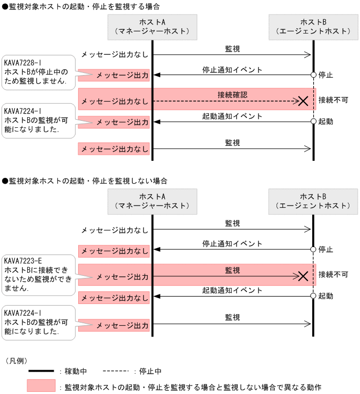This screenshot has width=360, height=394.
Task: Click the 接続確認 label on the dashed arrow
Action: pyautogui.click(x=232, y=94)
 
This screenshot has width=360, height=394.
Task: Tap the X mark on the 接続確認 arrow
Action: pyautogui.click(x=303, y=101)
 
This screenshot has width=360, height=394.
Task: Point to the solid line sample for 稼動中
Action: pyautogui.click(x=41, y=371)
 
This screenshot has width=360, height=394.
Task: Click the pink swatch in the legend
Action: pyautogui.click(x=41, y=385)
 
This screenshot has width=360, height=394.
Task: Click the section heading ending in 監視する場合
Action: pyautogui.click(x=80, y=6)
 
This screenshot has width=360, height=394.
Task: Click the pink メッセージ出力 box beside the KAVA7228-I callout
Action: pyautogui.click(x=114, y=76)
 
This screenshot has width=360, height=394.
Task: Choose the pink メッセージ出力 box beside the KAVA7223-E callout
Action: pyautogui.click(x=114, y=276)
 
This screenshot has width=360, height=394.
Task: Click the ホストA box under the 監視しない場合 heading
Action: pyautogui.click(x=152, y=201)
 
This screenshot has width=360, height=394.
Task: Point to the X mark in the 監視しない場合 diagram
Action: pyautogui.click(x=303, y=275)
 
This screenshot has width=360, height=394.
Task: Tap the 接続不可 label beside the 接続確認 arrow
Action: pyautogui.click(x=333, y=100)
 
